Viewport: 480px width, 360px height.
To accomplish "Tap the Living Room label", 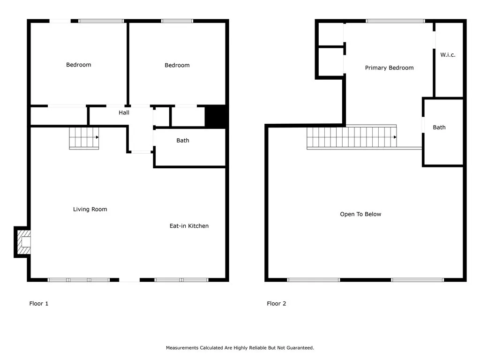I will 90,209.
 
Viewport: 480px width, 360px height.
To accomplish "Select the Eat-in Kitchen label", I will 189,226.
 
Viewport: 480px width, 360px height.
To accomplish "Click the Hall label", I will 124,112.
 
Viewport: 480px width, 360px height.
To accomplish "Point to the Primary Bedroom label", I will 389,68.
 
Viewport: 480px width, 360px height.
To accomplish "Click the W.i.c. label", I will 448,55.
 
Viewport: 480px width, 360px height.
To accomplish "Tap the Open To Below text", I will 360,214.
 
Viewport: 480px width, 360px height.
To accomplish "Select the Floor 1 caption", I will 39,304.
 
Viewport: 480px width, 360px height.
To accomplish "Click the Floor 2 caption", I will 277,304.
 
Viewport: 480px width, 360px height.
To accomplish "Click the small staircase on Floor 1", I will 84,138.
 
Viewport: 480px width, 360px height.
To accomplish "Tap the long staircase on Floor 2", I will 352,137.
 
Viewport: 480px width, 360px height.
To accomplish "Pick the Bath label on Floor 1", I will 183,141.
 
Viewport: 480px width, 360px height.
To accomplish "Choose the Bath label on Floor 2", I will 439,127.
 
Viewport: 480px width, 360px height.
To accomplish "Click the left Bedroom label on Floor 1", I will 79,65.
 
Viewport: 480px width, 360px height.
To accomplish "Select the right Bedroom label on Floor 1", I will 177,65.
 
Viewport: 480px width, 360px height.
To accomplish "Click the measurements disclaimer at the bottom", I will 240,348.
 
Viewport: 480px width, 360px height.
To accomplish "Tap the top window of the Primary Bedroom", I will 395,21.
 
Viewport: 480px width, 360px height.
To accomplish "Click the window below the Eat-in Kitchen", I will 181,280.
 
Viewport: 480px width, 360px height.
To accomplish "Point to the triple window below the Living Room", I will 79,280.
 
